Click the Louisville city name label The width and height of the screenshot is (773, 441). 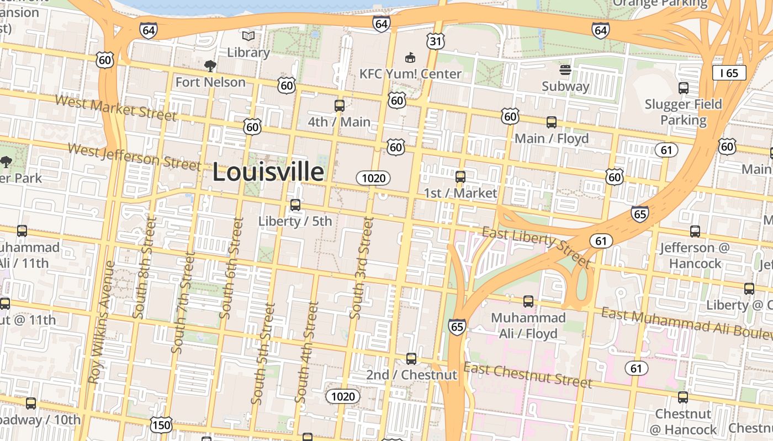coord(268,172)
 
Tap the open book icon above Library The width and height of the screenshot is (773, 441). coord(248,36)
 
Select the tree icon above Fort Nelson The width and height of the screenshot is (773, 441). coord(210,67)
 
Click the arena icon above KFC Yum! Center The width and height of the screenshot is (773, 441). coord(410,57)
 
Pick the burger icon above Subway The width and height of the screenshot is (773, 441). coord(565,70)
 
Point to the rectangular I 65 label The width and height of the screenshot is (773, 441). coord(729,73)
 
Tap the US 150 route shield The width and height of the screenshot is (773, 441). coord(161,425)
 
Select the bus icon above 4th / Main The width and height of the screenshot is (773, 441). coord(339,106)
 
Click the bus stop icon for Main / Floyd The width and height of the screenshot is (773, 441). coord(551,122)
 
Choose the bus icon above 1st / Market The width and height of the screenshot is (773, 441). coord(460,177)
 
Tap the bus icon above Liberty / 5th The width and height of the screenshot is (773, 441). coord(295,205)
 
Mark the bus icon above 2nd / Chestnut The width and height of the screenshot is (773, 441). coord(411,359)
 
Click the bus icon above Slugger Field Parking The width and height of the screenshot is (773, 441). coord(683,88)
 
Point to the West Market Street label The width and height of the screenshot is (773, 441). coord(116,107)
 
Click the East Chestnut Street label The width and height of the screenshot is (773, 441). coord(527,375)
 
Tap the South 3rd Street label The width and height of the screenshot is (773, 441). coord(362,268)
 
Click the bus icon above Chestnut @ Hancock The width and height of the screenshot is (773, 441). coord(683,397)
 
